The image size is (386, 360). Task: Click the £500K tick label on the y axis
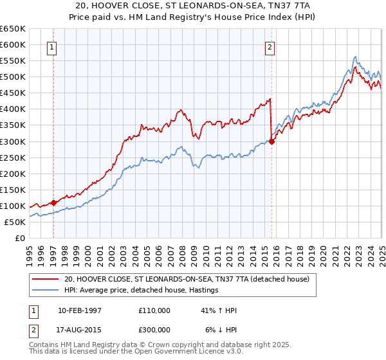click(x=13, y=77)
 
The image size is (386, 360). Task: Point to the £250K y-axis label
click(x=13, y=157)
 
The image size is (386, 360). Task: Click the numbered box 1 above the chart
click(x=51, y=46)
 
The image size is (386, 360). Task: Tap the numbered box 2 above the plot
click(x=270, y=46)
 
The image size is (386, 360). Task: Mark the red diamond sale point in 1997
click(x=53, y=203)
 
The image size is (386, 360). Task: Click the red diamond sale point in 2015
click(x=272, y=141)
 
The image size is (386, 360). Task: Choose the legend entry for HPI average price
click(x=141, y=291)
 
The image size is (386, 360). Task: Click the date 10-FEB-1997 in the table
click(x=80, y=310)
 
